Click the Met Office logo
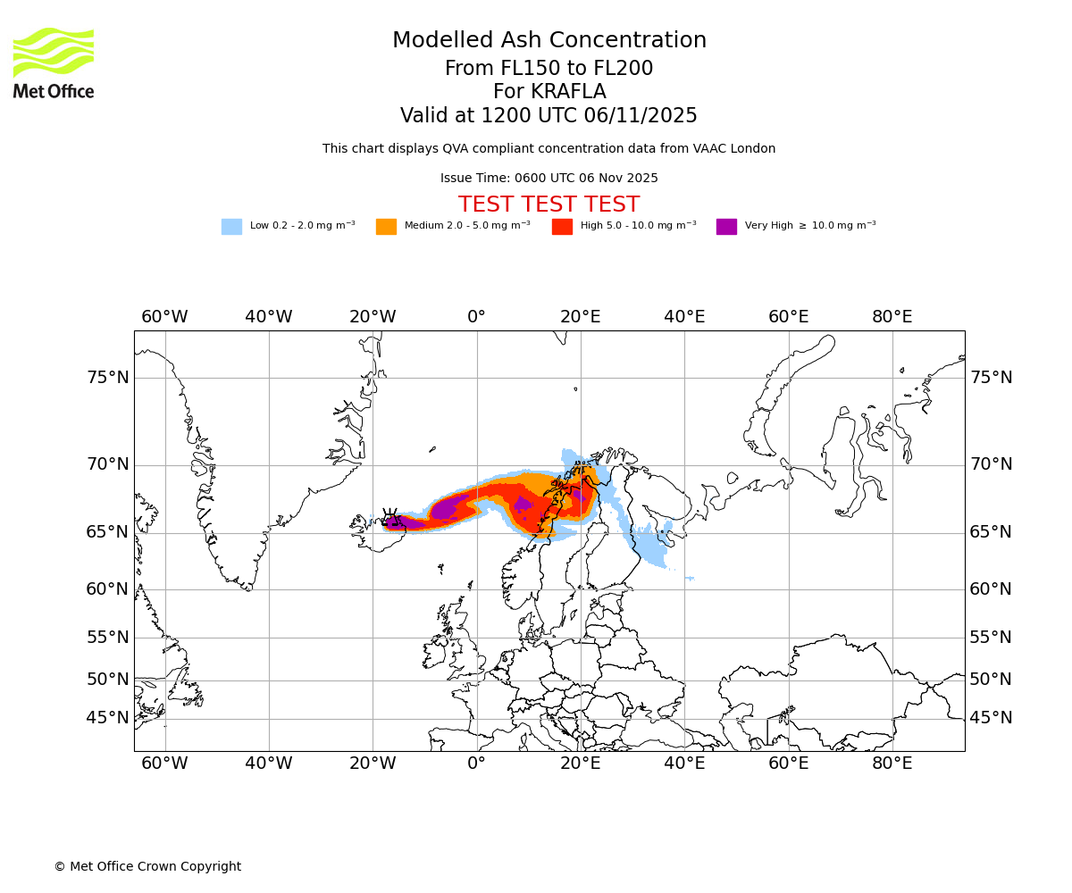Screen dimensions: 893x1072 pos(54,63)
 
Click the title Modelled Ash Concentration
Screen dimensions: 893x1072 pos(549,41)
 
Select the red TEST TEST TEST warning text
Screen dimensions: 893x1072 pos(549,205)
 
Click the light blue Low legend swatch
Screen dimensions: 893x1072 pos(231,227)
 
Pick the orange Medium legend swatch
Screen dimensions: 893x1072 pos(386,227)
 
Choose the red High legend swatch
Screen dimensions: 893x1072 pos(562,227)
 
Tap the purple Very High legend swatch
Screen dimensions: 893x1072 pos(726,227)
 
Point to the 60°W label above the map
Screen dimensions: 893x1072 pos(164,317)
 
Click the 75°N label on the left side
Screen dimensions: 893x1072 pos(107,378)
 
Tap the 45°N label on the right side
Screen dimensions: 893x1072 pos(991,718)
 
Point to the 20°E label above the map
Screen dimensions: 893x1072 pos(581,317)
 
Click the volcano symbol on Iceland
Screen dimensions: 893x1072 pos(390,516)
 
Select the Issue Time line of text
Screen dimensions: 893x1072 pos(549,179)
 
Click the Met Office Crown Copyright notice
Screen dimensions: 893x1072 pos(147,866)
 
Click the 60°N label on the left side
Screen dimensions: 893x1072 pos(107,589)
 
